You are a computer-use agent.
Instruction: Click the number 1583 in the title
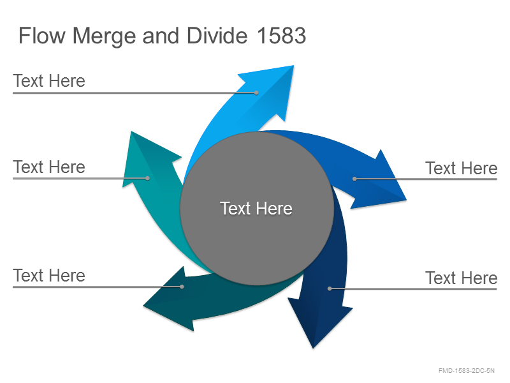click(x=281, y=35)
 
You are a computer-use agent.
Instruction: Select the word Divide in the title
click(x=217, y=35)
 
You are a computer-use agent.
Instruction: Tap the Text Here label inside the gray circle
click(x=256, y=208)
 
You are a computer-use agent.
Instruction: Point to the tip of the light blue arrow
click(x=293, y=66)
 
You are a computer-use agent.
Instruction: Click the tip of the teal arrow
click(x=131, y=131)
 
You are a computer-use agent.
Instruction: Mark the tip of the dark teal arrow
click(x=143, y=306)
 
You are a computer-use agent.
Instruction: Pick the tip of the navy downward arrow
click(x=313, y=348)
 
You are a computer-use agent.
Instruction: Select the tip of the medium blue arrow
click(x=406, y=200)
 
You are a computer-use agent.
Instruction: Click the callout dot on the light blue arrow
click(x=256, y=93)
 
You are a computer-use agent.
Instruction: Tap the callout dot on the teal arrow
click(x=147, y=178)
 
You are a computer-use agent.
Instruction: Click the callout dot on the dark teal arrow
click(x=182, y=287)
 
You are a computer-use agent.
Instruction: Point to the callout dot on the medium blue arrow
click(x=354, y=179)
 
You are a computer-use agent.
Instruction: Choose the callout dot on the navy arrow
click(x=330, y=289)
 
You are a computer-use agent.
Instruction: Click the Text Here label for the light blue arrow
click(x=49, y=81)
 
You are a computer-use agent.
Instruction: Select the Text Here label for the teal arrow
click(x=49, y=167)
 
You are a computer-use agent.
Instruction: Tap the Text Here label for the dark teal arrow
click(x=49, y=275)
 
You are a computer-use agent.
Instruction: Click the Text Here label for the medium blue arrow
click(x=461, y=168)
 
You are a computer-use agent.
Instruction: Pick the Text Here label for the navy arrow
click(x=461, y=278)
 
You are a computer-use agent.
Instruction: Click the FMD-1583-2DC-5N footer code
click(x=467, y=370)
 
